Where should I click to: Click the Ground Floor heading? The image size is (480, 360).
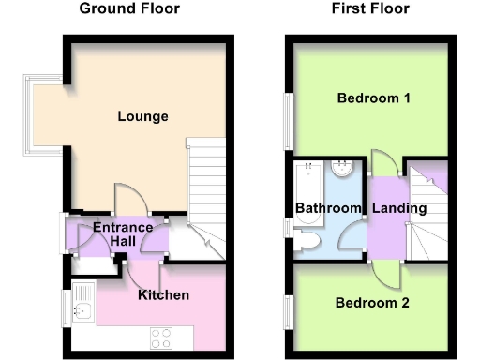point(129,9)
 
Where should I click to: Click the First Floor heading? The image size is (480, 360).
point(369,9)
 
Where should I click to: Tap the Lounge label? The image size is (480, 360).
point(143,117)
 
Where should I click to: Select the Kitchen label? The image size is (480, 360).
point(163,295)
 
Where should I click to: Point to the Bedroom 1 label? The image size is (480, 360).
point(375,98)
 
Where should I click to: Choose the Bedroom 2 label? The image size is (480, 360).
point(374,303)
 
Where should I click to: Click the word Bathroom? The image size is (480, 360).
point(328,208)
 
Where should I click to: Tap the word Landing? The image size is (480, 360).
point(398,208)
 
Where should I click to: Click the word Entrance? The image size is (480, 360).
point(123,228)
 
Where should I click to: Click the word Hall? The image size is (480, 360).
point(123,242)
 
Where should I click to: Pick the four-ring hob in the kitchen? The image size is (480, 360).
point(158,335)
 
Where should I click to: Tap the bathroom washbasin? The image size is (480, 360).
point(343,170)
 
